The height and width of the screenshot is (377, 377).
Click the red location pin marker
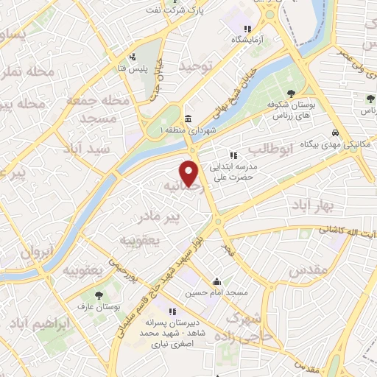coord(191,173)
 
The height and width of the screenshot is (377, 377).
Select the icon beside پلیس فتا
coord(132,57)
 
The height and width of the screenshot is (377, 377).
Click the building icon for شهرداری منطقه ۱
coord(188,120)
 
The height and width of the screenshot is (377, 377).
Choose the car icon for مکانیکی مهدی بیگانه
coord(335,133)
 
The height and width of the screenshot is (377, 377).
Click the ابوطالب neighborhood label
coord(270,149)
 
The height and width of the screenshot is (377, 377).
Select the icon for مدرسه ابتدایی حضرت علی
coord(233,155)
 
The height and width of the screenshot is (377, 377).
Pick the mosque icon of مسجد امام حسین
coord(217,282)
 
